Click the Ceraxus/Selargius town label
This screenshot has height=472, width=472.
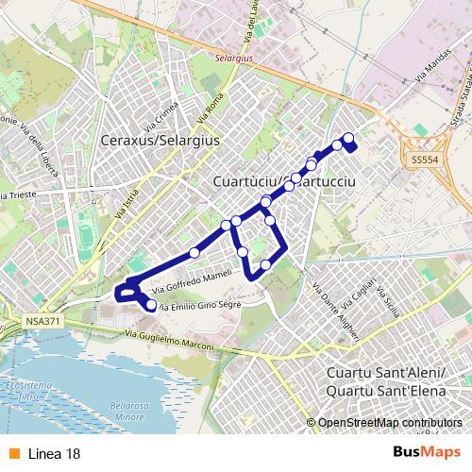[159, 141]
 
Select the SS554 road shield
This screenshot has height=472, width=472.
[424, 161]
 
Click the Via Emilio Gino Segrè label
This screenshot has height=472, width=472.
[200, 306]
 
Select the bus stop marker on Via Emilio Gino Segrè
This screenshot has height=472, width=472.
[151, 305]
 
